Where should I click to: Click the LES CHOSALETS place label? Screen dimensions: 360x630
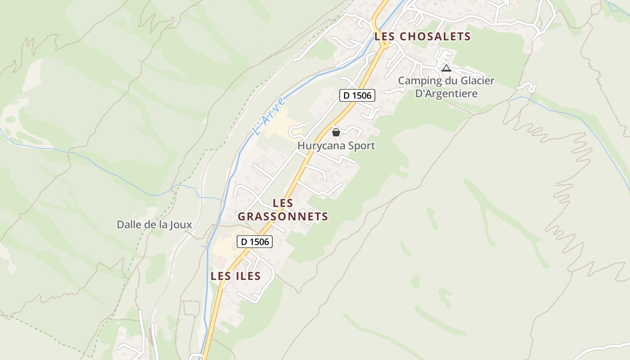423,37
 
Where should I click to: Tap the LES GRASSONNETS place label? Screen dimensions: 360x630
283,210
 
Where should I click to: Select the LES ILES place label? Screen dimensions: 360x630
236,276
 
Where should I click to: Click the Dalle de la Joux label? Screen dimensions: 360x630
154,225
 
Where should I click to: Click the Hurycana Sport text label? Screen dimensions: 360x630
336,146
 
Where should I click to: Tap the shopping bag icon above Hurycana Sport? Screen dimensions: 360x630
336,132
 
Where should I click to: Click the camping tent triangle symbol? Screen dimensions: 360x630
446,68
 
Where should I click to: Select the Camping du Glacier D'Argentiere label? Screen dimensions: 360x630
446,87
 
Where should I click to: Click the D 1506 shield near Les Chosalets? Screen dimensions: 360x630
357,95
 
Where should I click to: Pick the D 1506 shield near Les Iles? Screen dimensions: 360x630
255,242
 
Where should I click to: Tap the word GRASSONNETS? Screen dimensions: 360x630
283,216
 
